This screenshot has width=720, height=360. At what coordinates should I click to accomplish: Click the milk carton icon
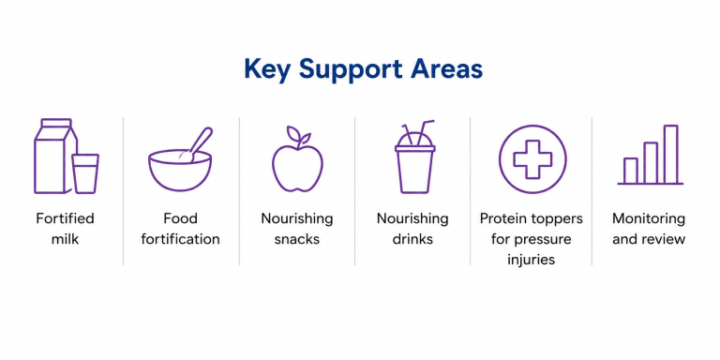pyautogui.click(x=52, y=157)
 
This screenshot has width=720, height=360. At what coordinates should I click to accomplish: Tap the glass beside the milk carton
pyautogui.click(x=85, y=173)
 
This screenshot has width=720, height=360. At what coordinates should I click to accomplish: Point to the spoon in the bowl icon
pyautogui.click(x=199, y=143)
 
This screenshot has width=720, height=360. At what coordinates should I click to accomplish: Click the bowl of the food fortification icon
pyautogui.click(x=180, y=170)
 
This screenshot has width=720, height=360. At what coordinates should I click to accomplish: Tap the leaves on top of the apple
pyautogui.click(x=297, y=135)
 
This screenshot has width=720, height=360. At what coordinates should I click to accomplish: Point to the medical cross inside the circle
pyautogui.click(x=532, y=159)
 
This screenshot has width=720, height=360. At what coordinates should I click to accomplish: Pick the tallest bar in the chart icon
pyautogui.click(x=671, y=155)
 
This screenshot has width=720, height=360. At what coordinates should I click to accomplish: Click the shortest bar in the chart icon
pyautogui.click(x=630, y=171)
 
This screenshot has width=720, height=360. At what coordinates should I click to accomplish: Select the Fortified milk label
pyautogui.click(x=65, y=229)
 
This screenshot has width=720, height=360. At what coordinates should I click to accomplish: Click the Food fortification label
pyautogui.click(x=180, y=229)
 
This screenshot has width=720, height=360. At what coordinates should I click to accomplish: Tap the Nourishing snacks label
pyautogui.click(x=297, y=229)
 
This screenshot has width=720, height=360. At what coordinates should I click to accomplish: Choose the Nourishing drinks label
pyautogui.click(x=412, y=229)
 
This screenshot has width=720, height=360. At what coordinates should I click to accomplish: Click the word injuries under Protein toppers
pyautogui.click(x=532, y=260)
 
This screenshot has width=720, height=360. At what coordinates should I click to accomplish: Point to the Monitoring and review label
pyautogui.click(x=649, y=229)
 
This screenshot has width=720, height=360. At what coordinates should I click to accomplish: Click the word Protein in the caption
pyautogui.click(x=502, y=218)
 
